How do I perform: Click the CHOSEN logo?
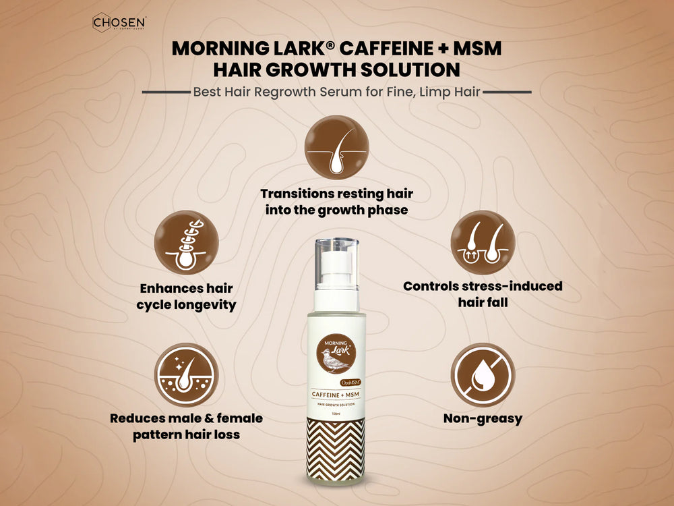(120, 23)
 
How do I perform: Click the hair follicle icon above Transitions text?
(336, 146)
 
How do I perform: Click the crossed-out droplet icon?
(483, 375)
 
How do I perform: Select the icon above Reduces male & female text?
(186, 375)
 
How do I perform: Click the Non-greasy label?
(483, 419)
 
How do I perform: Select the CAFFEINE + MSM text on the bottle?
(336, 394)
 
